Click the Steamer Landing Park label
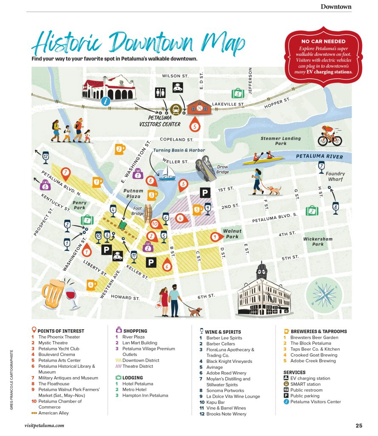coord(281,141)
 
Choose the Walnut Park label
coord(232,234)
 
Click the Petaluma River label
coord(319,157)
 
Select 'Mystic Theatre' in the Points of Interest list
coord(53,343)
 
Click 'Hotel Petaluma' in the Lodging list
coord(137,384)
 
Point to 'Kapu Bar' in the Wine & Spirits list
coord(216,402)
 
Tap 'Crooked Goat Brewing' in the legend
coord(313,355)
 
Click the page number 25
coord(359,425)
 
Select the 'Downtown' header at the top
coord(336,6)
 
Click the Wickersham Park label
coord(318,241)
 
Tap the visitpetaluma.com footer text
coord(45,425)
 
